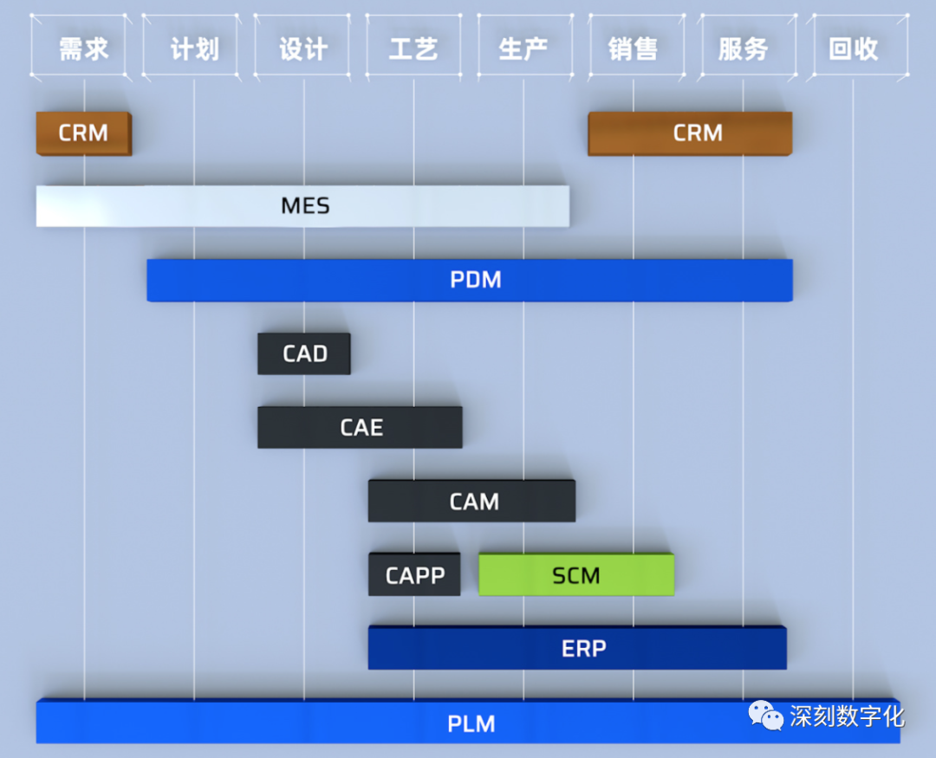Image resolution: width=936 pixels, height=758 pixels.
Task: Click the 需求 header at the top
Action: tap(83, 49)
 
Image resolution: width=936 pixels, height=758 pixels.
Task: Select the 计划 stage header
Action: tap(194, 49)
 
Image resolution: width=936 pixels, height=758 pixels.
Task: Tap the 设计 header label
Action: tap(303, 49)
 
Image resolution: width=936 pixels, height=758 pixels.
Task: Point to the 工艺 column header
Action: tap(413, 49)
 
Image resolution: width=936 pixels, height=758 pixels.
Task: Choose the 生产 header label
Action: tap(523, 49)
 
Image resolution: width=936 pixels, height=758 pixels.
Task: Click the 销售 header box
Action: tap(634, 49)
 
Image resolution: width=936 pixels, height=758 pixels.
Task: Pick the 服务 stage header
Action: tap(744, 49)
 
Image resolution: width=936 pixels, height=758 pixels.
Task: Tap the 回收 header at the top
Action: tap(854, 49)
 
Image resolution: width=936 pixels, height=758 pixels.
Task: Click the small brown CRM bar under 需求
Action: tap(83, 133)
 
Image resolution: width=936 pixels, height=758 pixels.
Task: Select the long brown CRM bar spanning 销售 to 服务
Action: tap(690, 133)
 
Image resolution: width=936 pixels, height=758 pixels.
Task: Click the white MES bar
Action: tap(303, 206)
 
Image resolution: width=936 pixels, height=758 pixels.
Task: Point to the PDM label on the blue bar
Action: tap(476, 281)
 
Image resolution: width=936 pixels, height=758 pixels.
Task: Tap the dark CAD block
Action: tap(304, 354)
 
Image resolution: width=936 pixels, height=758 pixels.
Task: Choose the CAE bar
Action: tap(360, 428)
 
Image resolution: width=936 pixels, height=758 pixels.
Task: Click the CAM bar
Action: tap(472, 502)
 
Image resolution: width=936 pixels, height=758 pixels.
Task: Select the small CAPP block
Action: tap(414, 575)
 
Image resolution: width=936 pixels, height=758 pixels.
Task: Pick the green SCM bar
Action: tap(576, 575)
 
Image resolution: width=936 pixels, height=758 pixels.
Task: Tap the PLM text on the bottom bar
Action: tap(471, 722)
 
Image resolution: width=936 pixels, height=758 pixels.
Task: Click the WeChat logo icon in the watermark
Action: tap(766, 716)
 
